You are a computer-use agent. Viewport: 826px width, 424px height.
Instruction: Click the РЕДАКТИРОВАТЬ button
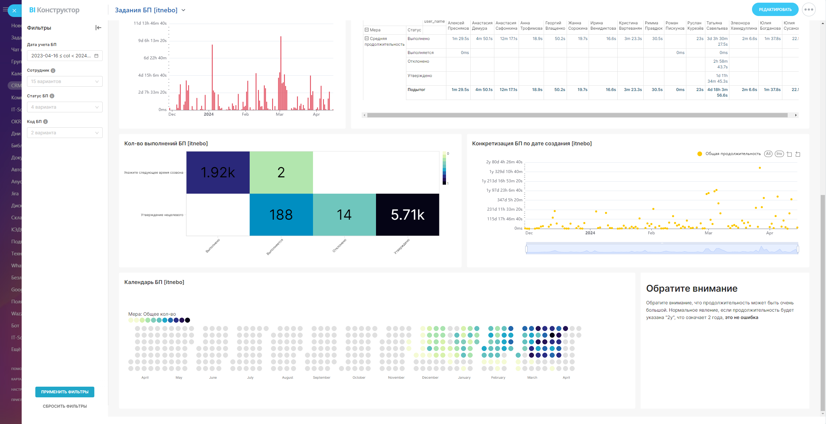click(775, 10)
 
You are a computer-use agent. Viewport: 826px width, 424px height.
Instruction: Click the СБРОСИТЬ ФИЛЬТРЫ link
click(65, 406)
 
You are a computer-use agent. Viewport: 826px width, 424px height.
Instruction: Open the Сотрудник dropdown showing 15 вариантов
click(65, 81)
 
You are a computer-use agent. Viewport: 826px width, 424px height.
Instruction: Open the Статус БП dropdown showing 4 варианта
click(65, 107)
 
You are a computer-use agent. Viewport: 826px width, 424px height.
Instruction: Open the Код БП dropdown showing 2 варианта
click(65, 133)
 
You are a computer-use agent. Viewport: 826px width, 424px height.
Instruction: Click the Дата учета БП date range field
click(65, 56)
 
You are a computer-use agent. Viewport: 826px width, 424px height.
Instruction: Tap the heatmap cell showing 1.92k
click(218, 172)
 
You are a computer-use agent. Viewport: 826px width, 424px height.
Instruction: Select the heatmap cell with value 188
click(281, 215)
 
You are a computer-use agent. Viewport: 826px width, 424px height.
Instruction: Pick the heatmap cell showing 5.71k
click(407, 215)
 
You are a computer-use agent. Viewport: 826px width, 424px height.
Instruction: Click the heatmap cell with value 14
click(344, 215)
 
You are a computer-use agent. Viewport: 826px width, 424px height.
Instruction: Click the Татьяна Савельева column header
click(717, 26)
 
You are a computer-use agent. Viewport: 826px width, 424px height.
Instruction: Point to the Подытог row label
click(416, 90)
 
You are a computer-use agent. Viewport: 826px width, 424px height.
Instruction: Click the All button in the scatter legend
click(768, 154)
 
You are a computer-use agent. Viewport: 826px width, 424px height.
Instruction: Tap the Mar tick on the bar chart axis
click(280, 114)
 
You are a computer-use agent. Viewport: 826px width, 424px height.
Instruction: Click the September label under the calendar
click(321, 377)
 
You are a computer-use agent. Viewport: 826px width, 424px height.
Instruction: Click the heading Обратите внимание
click(691, 288)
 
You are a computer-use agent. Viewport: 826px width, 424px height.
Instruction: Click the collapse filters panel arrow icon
click(98, 28)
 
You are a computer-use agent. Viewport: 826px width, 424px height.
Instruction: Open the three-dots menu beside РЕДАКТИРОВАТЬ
click(809, 10)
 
